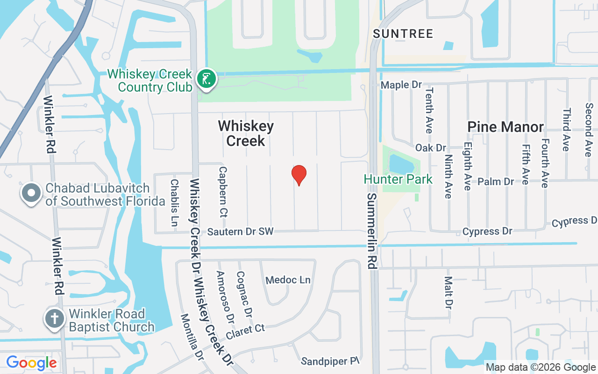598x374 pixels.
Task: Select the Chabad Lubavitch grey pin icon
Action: pos(31,193)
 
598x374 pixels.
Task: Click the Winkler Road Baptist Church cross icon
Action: pos(54,319)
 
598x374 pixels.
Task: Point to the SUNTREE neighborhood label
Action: pos(403,34)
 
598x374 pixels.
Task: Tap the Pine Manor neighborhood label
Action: pos(505,127)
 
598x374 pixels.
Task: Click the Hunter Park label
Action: pos(399,179)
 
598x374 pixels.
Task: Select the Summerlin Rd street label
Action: pos(371,230)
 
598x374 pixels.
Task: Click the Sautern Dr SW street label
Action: pos(240,231)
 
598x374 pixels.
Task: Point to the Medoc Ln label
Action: pos(288,280)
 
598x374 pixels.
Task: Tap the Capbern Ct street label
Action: pos(223,192)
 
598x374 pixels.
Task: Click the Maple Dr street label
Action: pos(401,85)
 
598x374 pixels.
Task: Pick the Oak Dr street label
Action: pos(430,148)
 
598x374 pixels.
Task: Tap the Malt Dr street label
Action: pos(448,293)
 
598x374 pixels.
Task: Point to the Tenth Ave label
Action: pos(429,110)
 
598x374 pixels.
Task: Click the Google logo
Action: pos(32,363)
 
